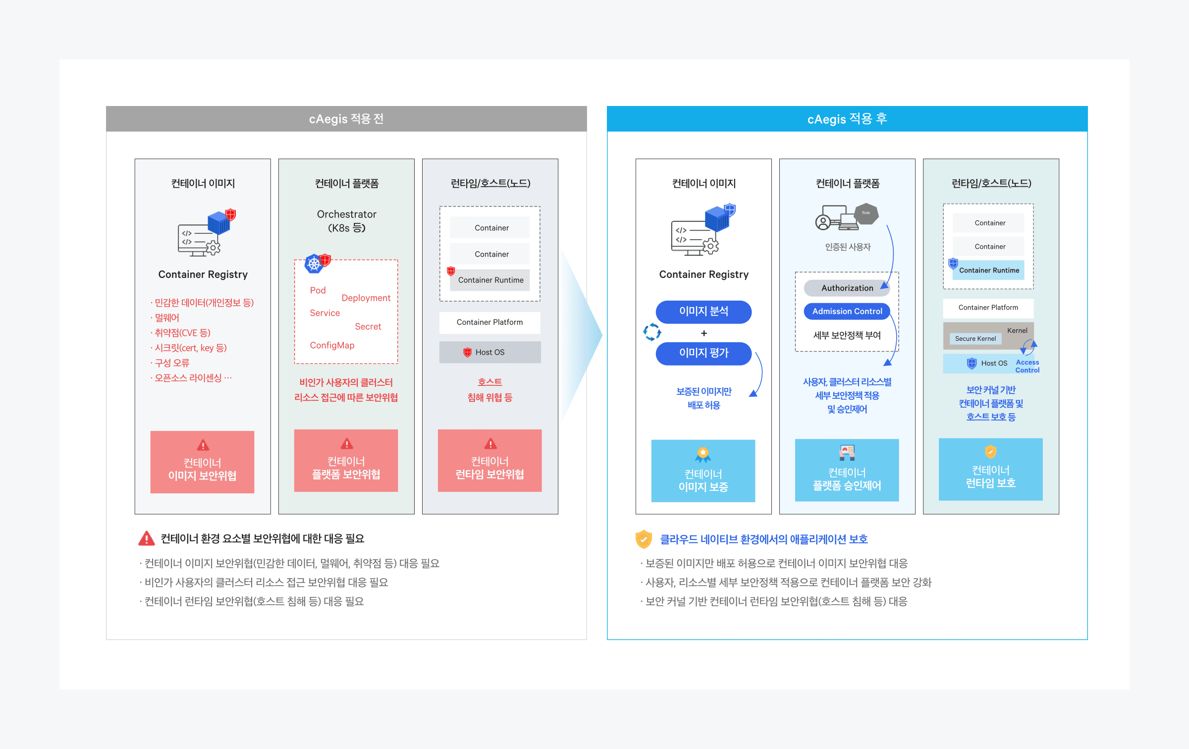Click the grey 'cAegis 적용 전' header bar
tap(346, 119)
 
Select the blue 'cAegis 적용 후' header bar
tap(847, 119)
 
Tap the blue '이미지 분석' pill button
tap(703, 312)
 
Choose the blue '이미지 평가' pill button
tap(703, 353)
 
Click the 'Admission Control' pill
tap(847, 312)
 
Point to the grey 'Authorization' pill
tap(847, 288)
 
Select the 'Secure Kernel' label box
tap(975, 339)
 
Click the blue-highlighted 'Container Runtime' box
tap(989, 270)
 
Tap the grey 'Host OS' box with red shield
tap(489, 352)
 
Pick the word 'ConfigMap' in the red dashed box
tap(332, 345)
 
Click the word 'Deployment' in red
tap(366, 298)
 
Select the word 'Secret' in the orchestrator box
tap(368, 326)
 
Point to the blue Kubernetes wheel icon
tap(314, 264)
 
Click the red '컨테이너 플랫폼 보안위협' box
tap(346, 461)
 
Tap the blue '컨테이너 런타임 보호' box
tap(990, 470)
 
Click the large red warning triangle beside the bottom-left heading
tap(146, 538)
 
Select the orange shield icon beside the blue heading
tap(644, 539)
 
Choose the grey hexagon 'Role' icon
tap(866, 214)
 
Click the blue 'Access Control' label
tap(1027, 366)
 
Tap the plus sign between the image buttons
tap(703, 333)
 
